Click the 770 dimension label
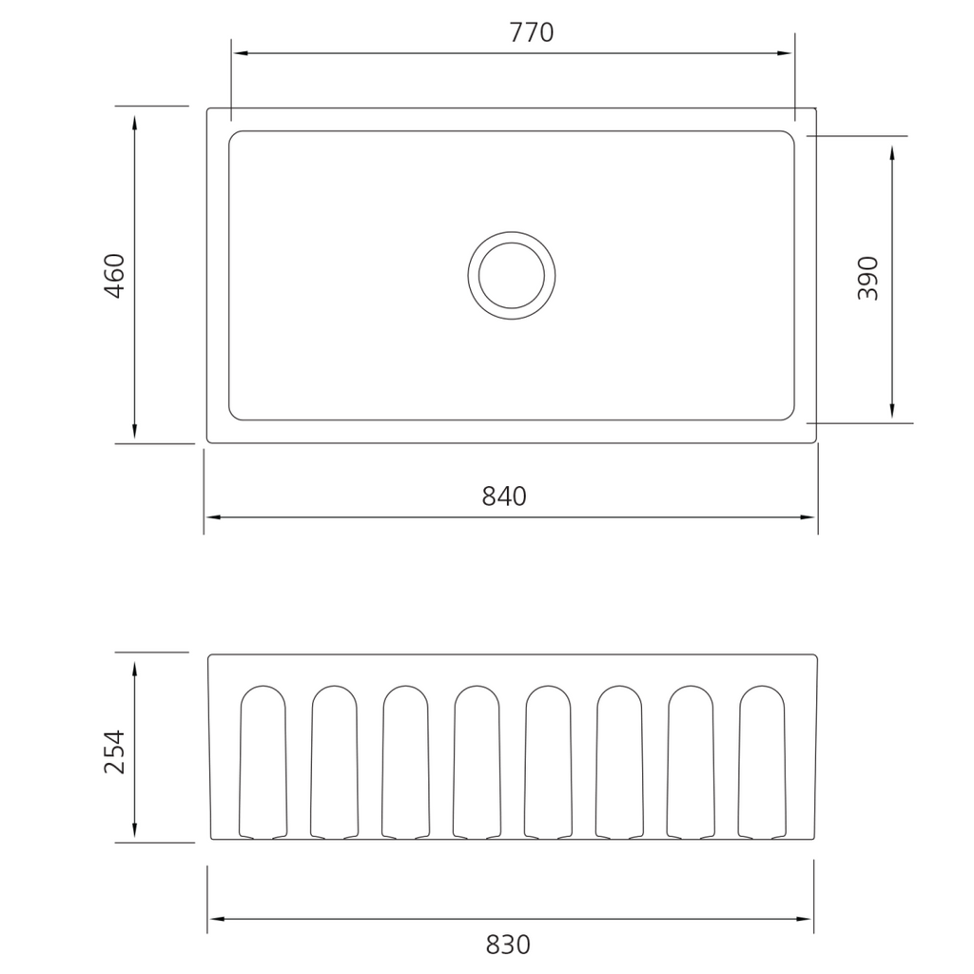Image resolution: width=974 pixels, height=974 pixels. click(531, 32)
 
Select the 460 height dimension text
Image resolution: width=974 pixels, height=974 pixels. click(114, 276)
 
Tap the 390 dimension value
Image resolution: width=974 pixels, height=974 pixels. click(868, 279)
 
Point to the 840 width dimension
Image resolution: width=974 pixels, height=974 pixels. click(504, 496)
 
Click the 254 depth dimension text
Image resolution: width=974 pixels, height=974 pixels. click(114, 751)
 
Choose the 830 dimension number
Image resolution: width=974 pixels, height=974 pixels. click(508, 945)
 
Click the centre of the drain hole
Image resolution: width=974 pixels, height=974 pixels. click(512, 275)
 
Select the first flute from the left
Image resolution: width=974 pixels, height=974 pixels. click(263, 761)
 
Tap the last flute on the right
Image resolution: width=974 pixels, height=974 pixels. click(763, 761)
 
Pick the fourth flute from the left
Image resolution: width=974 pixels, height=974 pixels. click(477, 761)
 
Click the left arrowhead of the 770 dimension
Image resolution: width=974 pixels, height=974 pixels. click(241, 53)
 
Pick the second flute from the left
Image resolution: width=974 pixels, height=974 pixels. click(335, 761)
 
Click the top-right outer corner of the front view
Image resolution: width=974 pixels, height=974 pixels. click(815, 656)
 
